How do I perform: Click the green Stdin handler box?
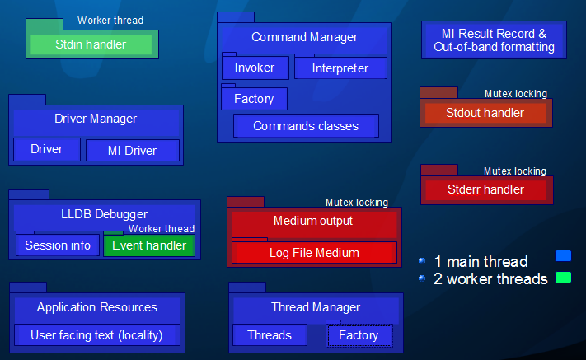(x=91, y=44)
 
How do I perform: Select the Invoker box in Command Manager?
(x=254, y=68)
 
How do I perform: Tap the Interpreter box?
(x=340, y=68)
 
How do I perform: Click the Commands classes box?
(x=306, y=126)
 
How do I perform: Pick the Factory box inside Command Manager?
(x=254, y=99)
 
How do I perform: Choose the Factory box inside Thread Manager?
(x=359, y=335)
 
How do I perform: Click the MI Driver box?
(x=132, y=150)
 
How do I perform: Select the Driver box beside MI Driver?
(x=47, y=149)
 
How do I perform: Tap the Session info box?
(x=58, y=245)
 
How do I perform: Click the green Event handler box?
(x=149, y=245)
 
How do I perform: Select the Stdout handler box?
(x=485, y=113)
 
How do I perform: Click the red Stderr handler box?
(x=485, y=189)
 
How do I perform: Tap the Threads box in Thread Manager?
(x=270, y=335)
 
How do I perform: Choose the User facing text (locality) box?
(x=96, y=335)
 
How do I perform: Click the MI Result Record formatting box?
(x=494, y=40)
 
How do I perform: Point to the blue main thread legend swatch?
(x=564, y=256)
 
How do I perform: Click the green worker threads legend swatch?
(x=564, y=278)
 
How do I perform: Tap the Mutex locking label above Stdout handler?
(x=515, y=94)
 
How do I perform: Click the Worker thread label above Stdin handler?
(x=110, y=21)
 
